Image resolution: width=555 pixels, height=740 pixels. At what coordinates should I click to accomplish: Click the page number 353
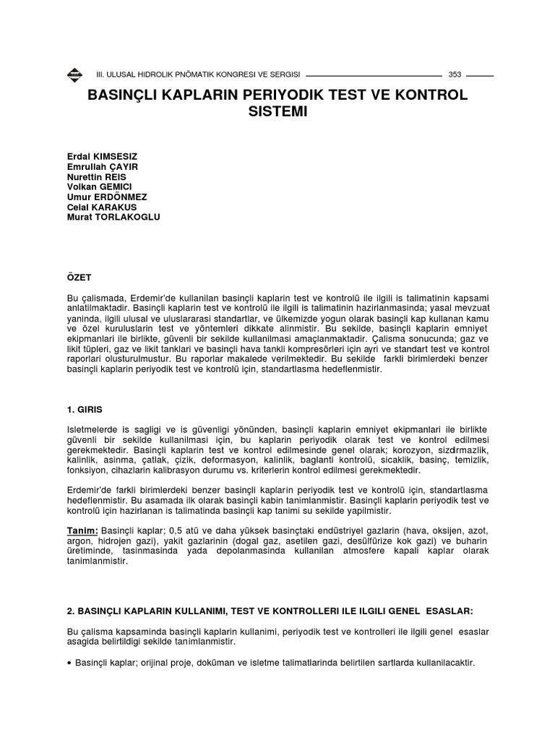(455, 74)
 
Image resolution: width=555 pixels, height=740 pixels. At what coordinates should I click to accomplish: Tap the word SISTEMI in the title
(277, 113)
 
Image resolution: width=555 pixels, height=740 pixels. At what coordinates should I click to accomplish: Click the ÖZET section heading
(77, 277)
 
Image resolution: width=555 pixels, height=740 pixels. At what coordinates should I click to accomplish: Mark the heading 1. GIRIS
(85, 409)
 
